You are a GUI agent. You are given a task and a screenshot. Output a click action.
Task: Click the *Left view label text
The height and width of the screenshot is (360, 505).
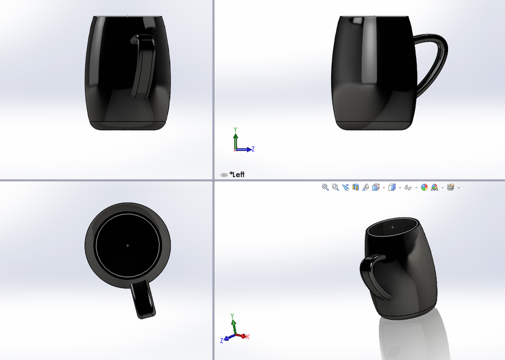click(237, 174)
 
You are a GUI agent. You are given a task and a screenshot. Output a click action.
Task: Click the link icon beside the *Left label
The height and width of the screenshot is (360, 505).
click(224, 175)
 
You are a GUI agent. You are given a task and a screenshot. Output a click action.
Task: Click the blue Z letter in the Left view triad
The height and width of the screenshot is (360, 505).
click(253, 149)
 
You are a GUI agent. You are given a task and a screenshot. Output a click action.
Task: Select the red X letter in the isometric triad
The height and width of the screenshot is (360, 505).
click(248, 336)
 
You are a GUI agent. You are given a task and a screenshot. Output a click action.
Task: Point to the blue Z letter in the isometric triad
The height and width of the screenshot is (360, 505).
click(222, 340)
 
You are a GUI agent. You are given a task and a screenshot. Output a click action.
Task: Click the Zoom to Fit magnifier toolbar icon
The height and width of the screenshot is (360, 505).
click(325, 187)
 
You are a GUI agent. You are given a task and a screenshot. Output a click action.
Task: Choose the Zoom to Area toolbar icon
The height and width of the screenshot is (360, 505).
click(335, 187)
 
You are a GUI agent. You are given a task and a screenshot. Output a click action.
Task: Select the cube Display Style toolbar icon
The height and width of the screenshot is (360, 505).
click(392, 187)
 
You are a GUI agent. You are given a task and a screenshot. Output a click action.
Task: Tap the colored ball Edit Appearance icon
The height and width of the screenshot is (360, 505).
click(424, 187)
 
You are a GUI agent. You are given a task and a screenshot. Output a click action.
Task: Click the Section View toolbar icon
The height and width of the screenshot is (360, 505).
click(355, 187)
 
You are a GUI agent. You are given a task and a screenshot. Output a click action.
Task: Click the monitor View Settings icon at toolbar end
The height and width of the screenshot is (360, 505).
click(450, 187)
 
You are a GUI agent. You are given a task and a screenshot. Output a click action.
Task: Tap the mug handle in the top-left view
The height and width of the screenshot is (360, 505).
click(144, 65)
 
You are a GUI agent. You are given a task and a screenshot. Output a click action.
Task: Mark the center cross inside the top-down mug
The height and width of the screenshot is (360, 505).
click(127, 246)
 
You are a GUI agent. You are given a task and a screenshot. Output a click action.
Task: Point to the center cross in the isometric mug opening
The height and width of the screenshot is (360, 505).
click(392, 227)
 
